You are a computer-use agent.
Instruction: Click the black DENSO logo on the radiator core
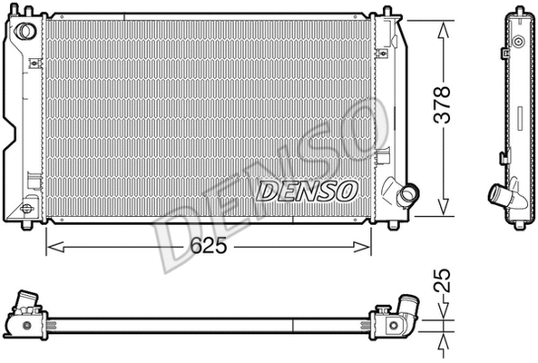pyautogui.click(x=308, y=191)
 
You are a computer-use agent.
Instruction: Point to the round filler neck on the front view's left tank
pyautogui.click(x=25, y=31)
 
